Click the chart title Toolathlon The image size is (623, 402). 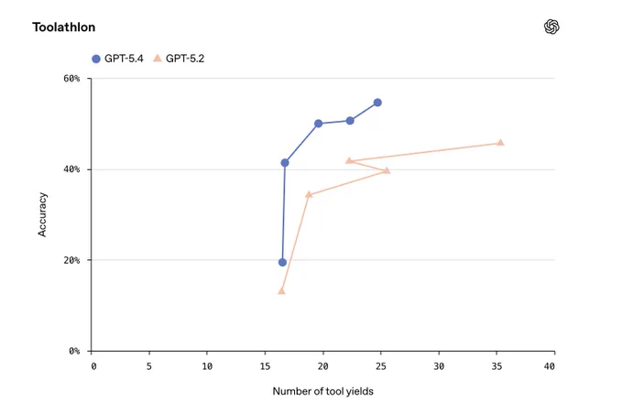point(64,27)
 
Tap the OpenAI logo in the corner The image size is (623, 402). point(552,27)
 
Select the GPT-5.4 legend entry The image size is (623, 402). point(117,59)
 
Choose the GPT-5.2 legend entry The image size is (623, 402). point(179,59)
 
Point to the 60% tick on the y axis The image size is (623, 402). point(71,78)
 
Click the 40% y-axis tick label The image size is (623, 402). point(71,169)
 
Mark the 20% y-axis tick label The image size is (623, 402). point(71,260)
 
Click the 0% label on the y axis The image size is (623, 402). point(74,351)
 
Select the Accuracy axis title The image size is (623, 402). point(42,215)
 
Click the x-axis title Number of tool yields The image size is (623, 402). point(323,391)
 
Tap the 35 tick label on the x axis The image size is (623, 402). point(497,366)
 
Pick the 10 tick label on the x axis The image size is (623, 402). point(207,366)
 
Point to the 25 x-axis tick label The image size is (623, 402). point(380,366)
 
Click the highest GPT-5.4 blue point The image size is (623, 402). point(377,103)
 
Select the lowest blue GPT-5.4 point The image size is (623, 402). point(282,262)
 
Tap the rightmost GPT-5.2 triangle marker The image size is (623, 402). point(500,143)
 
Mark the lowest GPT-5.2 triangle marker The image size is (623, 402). point(281,291)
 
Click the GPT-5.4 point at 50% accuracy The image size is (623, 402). point(318,124)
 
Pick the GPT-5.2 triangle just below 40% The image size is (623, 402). point(387,171)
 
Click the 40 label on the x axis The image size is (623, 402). point(549,366)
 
